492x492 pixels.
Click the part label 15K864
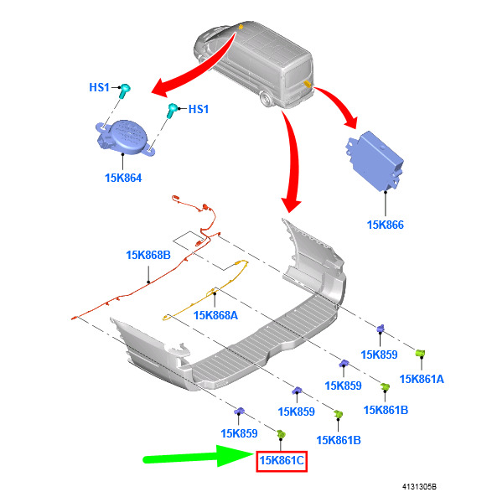coord(123,178)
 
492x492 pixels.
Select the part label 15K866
coord(386,225)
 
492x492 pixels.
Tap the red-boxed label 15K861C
coord(282,461)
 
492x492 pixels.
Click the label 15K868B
coord(148,255)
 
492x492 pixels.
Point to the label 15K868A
coord(215,315)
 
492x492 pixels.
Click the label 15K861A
coord(422,379)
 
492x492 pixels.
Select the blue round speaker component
coord(126,137)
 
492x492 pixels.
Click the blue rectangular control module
coord(375,160)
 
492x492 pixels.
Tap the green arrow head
coord(236,455)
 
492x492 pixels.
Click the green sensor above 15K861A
coord(420,354)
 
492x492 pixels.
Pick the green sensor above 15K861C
coord(281,434)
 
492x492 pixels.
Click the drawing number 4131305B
coord(419,486)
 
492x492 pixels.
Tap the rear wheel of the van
coord(266,99)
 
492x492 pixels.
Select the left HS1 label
coord(99,87)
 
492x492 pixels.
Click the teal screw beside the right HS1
coord(172,110)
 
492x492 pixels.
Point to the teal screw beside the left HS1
coord(124,91)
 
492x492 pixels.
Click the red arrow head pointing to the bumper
coord(291,205)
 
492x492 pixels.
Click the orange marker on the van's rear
coord(307,84)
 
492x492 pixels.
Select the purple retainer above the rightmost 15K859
coord(381,329)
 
